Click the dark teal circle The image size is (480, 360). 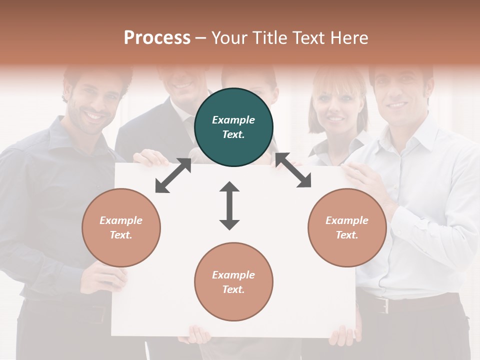233,127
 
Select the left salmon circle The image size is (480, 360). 121,227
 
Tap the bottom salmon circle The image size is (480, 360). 233,282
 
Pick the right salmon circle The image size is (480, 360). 347,227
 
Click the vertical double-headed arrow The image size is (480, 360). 229,205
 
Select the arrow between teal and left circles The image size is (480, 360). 173,175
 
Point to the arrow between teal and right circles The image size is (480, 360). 293,170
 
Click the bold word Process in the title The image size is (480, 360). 157,37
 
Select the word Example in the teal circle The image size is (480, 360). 233,120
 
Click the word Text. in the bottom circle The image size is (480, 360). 233,289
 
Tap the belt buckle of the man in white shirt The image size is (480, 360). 383,304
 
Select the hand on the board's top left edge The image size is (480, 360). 150,158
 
